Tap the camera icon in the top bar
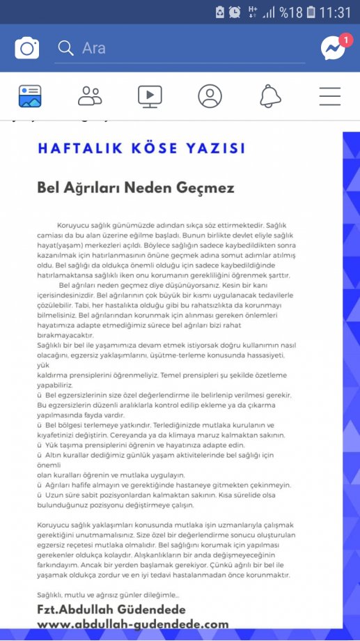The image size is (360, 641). point(27,48)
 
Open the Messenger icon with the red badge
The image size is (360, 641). point(333,47)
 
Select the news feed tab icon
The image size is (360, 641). point(30,96)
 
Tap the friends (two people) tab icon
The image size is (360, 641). point(90,96)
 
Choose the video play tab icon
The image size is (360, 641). point(150,96)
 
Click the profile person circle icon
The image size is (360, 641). point(210,96)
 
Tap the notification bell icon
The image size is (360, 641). point(270,96)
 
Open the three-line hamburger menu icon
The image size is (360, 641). point(330,96)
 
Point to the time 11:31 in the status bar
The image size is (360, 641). point(338,12)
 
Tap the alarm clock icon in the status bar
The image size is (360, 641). point(235,12)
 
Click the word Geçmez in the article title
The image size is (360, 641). point(205,188)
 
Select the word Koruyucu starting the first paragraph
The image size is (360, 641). point(77,226)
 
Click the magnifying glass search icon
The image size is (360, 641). point(65,48)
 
